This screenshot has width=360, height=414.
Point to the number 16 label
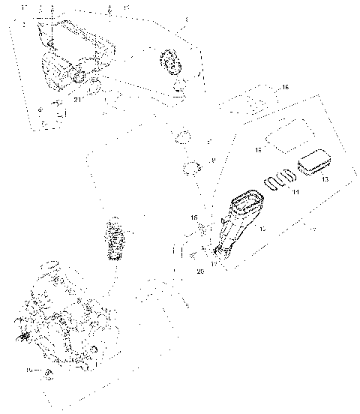284,88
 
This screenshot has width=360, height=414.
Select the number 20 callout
200,272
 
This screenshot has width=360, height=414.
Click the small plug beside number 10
48,373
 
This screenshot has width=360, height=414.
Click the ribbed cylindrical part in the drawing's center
115,236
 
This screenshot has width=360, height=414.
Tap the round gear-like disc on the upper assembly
172,62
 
